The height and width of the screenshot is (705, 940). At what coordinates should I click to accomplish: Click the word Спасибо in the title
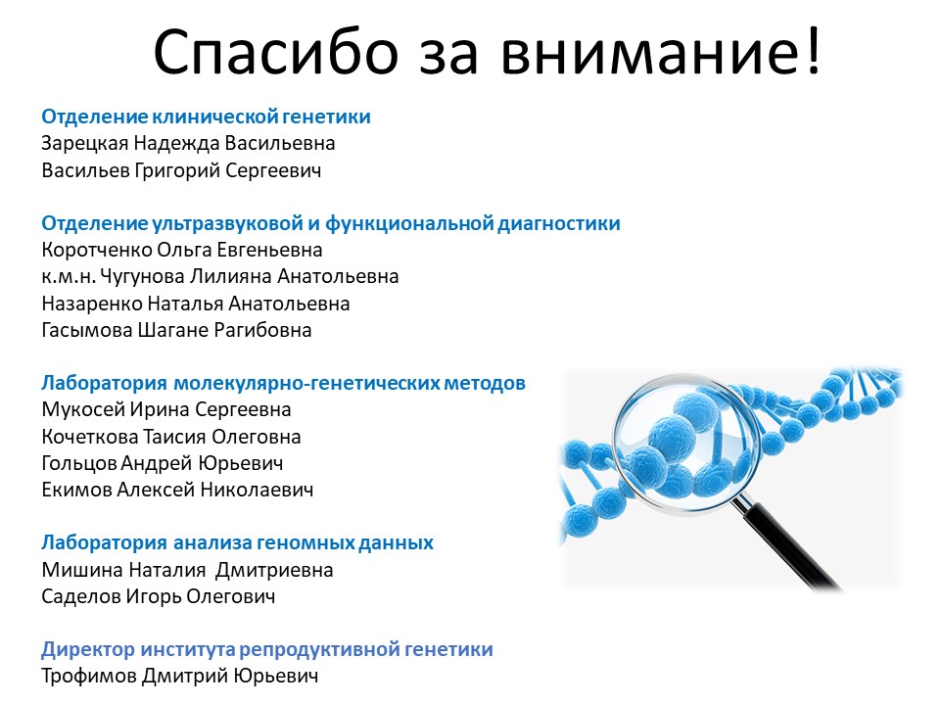pos(276,52)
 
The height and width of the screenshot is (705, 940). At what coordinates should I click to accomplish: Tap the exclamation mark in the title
pos(813,50)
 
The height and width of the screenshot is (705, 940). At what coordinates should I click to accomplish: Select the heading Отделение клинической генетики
pos(207,116)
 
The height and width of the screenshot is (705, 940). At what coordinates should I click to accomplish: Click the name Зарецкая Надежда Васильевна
pos(188,144)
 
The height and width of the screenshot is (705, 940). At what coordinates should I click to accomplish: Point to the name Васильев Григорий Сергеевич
pos(182,170)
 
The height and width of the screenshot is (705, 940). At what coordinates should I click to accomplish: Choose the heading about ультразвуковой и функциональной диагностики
pos(331,223)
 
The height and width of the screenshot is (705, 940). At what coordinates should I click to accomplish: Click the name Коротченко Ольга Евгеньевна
pos(182,250)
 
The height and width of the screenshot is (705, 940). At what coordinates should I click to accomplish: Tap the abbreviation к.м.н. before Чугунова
pos(69,277)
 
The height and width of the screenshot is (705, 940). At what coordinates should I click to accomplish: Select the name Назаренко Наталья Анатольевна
pos(196,304)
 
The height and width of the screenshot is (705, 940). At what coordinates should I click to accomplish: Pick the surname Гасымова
pos(87,330)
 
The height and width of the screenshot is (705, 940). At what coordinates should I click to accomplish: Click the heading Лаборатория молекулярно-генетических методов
pos(284,383)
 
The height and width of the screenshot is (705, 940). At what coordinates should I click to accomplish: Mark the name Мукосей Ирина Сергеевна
pos(166,410)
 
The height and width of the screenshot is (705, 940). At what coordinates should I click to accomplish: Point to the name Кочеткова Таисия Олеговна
pos(171,437)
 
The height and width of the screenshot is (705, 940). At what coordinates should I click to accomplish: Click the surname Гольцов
pos(78,463)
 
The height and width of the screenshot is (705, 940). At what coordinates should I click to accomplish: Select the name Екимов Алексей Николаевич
pos(177,491)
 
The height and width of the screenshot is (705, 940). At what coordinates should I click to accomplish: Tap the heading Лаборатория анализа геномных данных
pos(237,543)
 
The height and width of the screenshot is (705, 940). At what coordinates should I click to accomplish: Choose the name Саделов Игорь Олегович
pos(159,597)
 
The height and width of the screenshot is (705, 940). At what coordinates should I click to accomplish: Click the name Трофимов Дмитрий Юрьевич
pos(180,677)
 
